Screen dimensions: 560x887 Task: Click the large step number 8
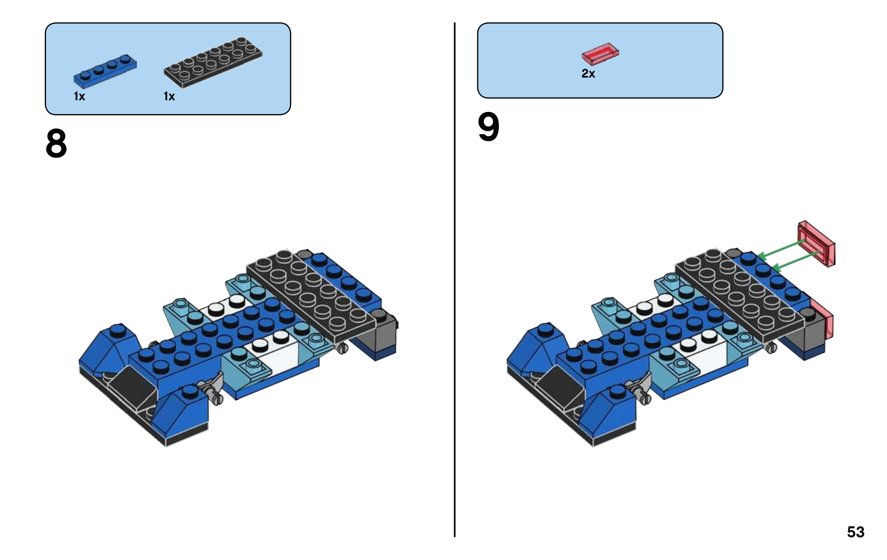click(x=56, y=144)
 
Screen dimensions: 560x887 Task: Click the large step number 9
click(x=488, y=127)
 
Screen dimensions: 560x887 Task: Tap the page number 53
click(x=855, y=532)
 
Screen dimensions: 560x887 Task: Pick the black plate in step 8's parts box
click(x=213, y=61)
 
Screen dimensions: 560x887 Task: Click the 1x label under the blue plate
click(x=79, y=96)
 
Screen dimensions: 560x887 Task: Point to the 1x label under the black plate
click(x=169, y=96)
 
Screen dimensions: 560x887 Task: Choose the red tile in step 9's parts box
click(x=600, y=54)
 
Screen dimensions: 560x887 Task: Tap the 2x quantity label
click(x=588, y=74)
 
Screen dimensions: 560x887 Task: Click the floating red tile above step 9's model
click(x=817, y=243)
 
